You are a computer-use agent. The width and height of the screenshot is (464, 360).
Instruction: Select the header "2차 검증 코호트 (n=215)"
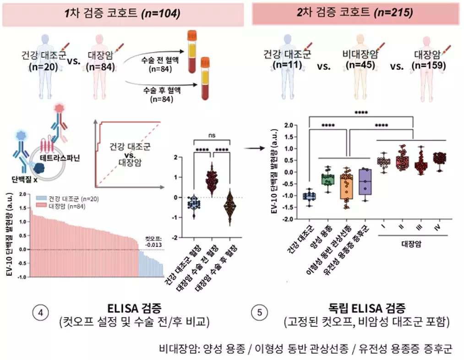[x=355, y=13]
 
